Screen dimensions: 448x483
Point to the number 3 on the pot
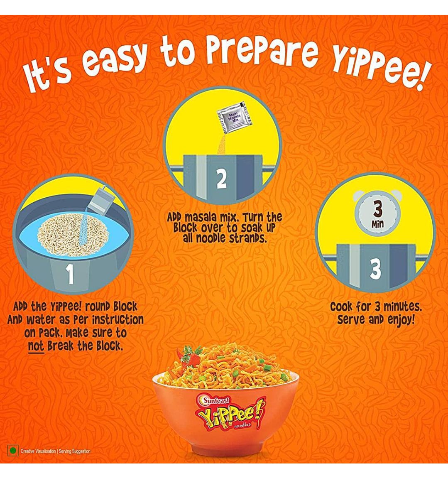point(375,269)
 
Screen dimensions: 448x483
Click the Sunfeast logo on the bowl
point(215,400)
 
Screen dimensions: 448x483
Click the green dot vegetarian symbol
point(12,451)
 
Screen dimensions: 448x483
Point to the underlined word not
point(36,346)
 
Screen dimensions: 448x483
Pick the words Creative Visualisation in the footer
point(38,451)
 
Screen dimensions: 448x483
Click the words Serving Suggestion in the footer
point(74,451)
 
